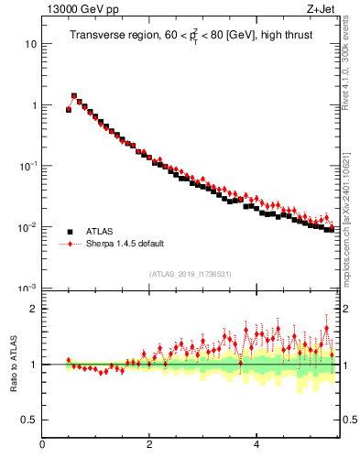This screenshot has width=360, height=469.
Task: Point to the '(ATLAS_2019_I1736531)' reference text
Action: (190, 274)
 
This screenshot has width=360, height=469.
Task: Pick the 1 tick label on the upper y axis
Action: (34, 105)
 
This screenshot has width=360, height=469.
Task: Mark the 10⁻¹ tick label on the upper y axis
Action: (29, 166)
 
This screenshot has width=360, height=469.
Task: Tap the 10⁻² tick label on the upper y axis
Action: (29, 226)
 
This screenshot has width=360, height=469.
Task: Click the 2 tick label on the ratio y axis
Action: (34, 309)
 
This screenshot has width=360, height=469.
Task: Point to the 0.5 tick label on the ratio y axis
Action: (30, 420)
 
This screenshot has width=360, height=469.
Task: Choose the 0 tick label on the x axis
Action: (43, 445)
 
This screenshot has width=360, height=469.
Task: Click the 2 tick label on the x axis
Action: (149, 445)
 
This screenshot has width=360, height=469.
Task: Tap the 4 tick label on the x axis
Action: (256, 445)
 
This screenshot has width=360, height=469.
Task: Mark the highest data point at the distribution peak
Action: (74, 95)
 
